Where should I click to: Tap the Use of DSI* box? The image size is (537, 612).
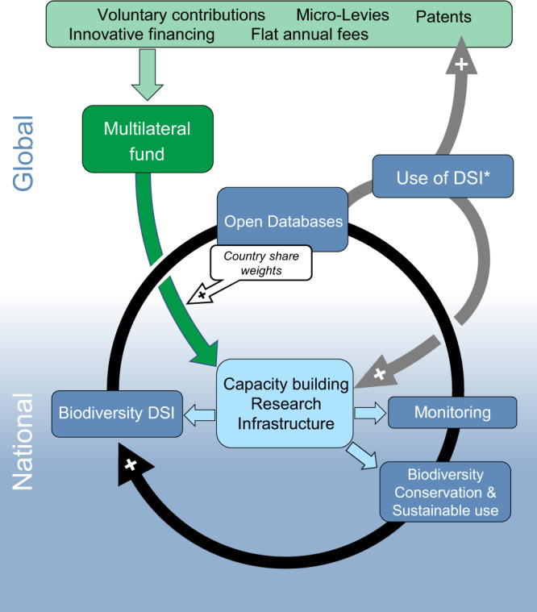[x=443, y=177]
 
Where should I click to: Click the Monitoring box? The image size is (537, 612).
[x=452, y=413]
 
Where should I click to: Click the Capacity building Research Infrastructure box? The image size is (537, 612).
[x=285, y=403]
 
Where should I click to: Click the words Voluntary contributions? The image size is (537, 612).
[x=181, y=15]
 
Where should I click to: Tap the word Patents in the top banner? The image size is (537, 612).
[x=443, y=17]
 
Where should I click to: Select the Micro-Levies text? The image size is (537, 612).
[x=342, y=15]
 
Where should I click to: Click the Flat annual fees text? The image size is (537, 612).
[x=310, y=35]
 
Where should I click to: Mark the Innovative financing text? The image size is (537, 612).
[x=142, y=35]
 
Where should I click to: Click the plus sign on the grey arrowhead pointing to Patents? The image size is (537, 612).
[x=461, y=64]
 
